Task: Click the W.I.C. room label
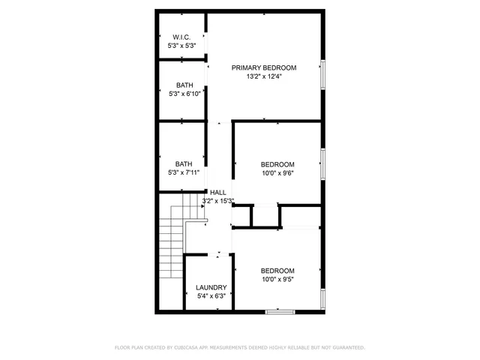[181, 37]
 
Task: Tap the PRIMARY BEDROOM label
[263, 67]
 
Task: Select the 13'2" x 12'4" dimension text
[263, 76]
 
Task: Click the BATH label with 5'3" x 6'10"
[184, 85]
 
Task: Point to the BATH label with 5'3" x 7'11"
[184, 164]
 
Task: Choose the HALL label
[218, 192]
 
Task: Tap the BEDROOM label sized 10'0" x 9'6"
[277, 164]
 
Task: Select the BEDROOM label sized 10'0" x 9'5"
[277, 271]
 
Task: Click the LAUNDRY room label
[211, 287]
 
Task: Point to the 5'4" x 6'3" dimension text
[211, 296]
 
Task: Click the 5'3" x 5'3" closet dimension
[181, 46]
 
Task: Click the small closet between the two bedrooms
[263, 214]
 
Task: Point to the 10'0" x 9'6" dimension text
[277, 173]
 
